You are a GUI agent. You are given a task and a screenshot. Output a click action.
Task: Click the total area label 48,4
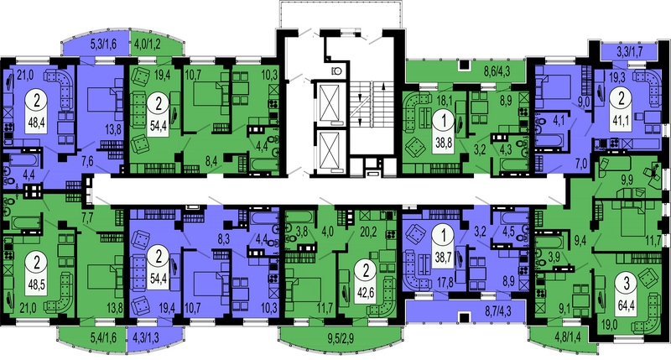(x=36, y=123)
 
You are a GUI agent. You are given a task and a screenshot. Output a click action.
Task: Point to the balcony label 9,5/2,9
(x=341, y=342)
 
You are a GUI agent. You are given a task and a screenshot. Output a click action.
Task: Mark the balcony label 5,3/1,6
(x=103, y=44)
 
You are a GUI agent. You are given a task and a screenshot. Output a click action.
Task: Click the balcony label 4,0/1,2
(x=148, y=44)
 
